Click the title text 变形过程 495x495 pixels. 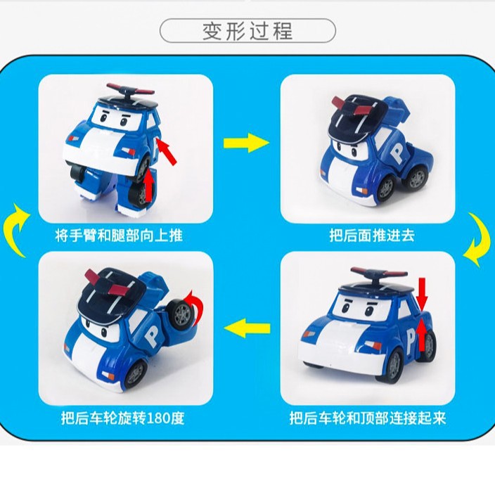click(x=247, y=31)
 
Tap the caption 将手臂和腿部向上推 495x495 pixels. click(x=119, y=236)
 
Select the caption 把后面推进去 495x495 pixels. click(x=372, y=236)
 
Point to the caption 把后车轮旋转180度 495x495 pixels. click(x=122, y=418)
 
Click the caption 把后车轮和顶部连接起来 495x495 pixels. click(x=368, y=418)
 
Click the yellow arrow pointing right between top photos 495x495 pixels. click(x=246, y=143)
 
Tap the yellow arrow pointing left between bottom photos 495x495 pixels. click(x=247, y=328)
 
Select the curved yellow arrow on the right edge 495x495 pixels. click(x=480, y=240)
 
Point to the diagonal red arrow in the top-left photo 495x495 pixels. click(x=167, y=153)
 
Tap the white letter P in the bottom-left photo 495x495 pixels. click(x=153, y=337)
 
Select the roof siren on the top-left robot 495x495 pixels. click(x=130, y=91)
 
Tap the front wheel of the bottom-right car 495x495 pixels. click(x=393, y=366)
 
